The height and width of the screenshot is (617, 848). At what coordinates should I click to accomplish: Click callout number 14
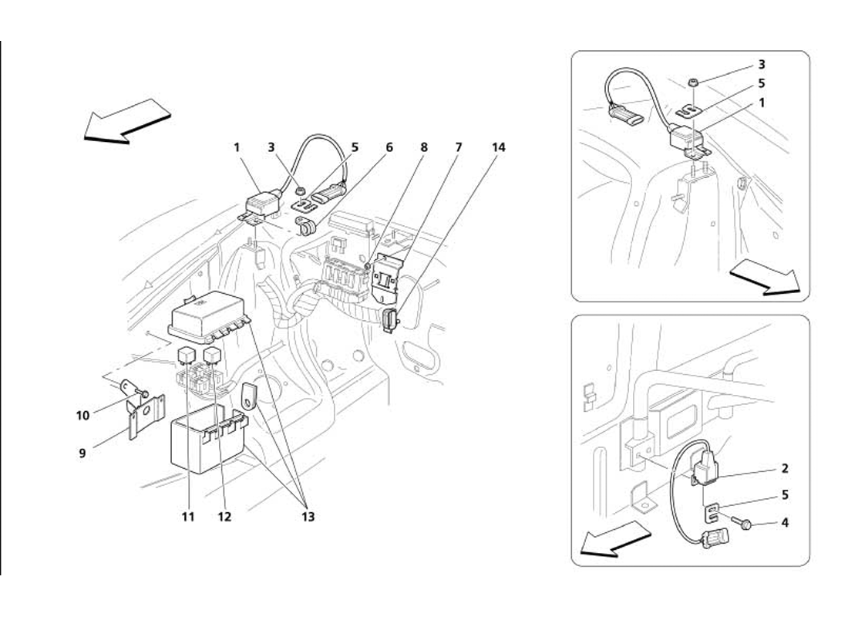point(499,147)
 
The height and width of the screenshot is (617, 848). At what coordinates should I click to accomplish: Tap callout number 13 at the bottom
point(308,517)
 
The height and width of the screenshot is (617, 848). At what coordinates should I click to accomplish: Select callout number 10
point(82,416)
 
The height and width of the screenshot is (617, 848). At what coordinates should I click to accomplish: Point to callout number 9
point(82,453)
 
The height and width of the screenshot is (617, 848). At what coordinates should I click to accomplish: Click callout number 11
point(187,517)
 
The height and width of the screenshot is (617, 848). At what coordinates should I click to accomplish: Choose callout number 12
point(224,517)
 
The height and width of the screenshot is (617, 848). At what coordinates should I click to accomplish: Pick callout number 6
point(389,147)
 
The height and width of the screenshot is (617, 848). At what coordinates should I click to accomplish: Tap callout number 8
point(424,147)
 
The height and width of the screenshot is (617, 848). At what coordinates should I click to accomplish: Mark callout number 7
point(459,147)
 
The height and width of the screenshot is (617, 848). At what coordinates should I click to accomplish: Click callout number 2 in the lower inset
point(785,468)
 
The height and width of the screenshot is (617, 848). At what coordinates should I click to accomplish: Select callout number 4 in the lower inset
point(785,523)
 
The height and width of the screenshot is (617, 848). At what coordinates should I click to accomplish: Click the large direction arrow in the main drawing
point(128,121)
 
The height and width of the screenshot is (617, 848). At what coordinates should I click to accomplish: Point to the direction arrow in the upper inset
point(765,277)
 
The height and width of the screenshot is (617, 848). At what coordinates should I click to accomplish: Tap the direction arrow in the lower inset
point(615,538)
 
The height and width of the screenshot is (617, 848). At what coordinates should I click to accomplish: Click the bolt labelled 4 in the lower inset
point(741,522)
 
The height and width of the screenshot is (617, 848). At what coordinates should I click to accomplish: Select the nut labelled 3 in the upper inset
point(692,83)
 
